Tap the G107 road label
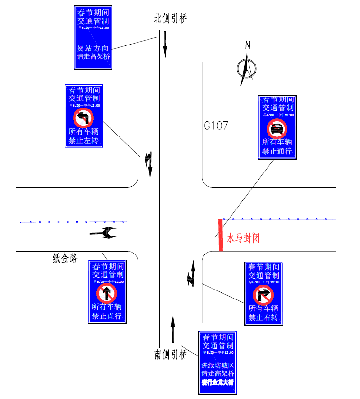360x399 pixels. (x=216, y=126)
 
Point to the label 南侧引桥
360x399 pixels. (x=170, y=354)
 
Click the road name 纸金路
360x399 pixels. (x=65, y=258)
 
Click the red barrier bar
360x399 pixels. (x=221, y=235)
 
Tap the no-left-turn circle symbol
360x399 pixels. (x=83, y=117)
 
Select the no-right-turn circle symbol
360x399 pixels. (x=263, y=295)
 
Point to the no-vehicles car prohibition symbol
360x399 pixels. (x=277, y=128)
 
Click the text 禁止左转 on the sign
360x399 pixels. (x=83, y=141)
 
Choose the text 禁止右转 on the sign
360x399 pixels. (x=263, y=317)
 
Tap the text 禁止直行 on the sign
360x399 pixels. (x=107, y=316)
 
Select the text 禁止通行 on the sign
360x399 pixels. (x=277, y=152)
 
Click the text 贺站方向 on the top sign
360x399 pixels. (x=93, y=48)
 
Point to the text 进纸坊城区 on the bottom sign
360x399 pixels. (x=218, y=365)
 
